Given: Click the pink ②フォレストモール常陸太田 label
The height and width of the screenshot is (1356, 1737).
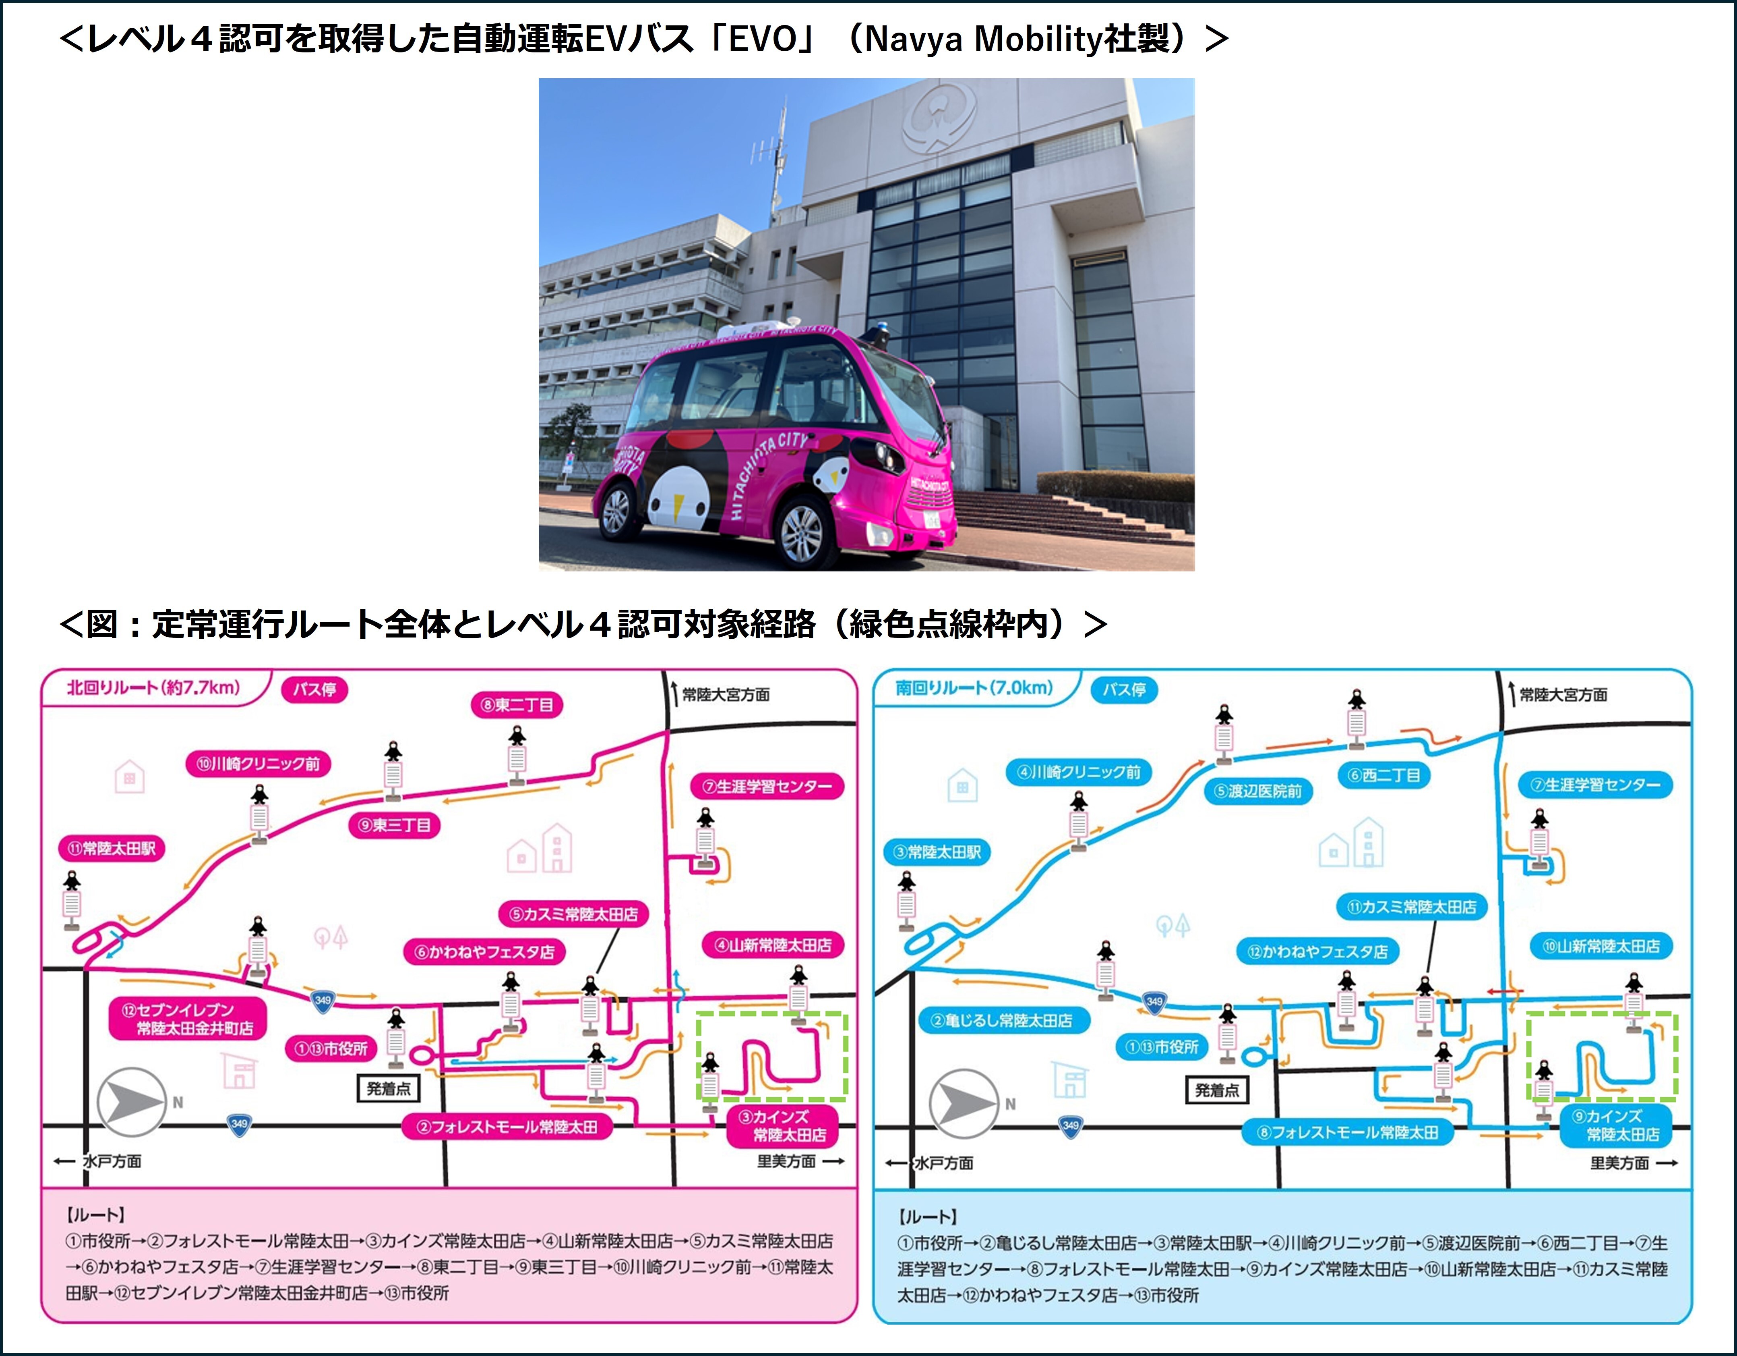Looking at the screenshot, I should [507, 1127].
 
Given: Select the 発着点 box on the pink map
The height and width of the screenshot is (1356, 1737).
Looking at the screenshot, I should [388, 1088].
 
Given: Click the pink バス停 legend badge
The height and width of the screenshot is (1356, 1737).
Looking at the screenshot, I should [314, 689].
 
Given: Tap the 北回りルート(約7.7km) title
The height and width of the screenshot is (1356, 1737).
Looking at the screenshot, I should [153, 687].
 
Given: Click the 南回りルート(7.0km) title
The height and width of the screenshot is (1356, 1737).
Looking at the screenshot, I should [974, 687].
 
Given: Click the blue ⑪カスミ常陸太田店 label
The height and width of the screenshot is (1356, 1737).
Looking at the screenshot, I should [1412, 906].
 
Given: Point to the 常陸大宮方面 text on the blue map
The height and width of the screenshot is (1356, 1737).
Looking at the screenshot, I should [1563, 695].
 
